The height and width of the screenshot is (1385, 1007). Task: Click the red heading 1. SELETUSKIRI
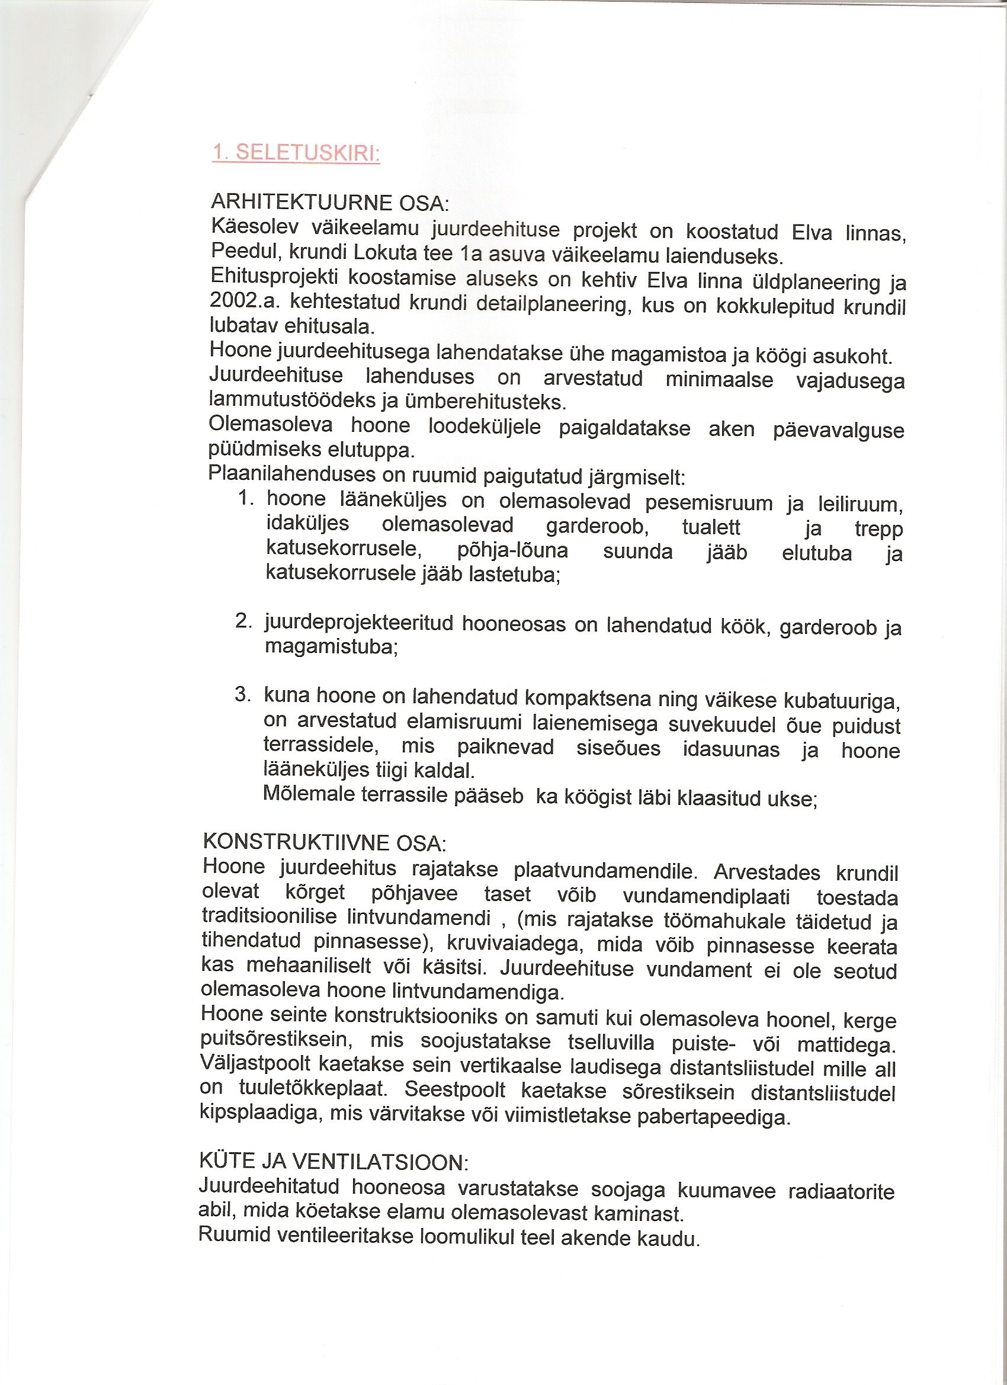296,153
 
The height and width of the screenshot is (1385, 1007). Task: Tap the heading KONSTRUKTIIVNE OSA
324,843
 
